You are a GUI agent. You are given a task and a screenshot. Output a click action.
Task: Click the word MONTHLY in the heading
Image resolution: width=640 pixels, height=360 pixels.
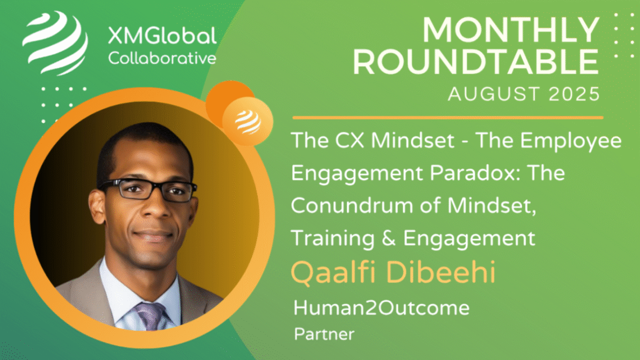511,30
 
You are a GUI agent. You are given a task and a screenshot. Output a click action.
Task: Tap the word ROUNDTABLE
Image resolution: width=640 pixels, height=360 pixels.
476,62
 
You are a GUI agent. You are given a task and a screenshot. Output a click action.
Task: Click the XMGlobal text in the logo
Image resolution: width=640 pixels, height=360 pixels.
162,36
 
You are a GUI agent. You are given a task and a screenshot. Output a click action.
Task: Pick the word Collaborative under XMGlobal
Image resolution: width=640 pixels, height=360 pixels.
162,58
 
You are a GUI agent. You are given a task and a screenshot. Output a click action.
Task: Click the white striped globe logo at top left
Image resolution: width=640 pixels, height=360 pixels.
54,43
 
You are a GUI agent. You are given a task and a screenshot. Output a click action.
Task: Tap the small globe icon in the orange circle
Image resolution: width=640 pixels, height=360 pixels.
248,122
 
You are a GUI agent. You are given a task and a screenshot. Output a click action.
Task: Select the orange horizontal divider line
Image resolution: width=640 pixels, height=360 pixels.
448,117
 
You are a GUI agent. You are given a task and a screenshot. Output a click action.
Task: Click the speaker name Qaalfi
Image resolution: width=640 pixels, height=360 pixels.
333,272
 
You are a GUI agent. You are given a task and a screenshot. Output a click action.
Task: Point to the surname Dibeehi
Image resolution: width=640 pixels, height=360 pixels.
441,272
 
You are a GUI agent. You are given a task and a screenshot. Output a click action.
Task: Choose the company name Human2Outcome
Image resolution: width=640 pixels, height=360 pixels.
381,308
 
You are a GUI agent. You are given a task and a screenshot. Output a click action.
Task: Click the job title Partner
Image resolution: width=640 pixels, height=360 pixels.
324,334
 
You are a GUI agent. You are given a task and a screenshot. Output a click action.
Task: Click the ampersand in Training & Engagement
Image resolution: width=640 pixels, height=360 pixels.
388,238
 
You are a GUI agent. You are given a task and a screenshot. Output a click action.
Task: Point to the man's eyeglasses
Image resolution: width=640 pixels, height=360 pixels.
147,189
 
